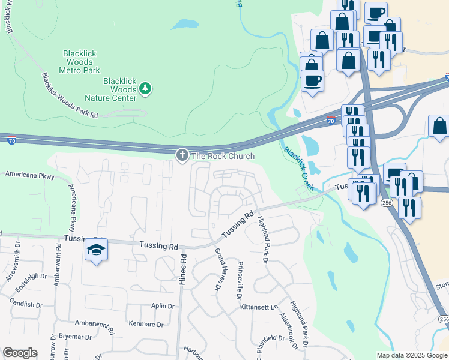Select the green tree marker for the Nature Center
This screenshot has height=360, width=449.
(x=145, y=89)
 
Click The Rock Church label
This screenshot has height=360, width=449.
(x=223, y=156)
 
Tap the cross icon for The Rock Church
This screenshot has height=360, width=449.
(x=182, y=155)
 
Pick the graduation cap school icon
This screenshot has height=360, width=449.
(x=95, y=250)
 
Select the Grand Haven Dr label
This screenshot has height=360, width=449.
(x=218, y=270)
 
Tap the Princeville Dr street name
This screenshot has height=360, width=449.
(x=239, y=281)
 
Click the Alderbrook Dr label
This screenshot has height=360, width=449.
(x=288, y=329)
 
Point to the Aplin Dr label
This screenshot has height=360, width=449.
(x=163, y=306)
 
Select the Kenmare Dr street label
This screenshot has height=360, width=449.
(x=146, y=325)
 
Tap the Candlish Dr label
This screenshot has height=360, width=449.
(x=25, y=304)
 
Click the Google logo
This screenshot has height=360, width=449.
(x=20, y=353)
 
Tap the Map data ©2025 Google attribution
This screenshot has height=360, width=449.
(x=411, y=355)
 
